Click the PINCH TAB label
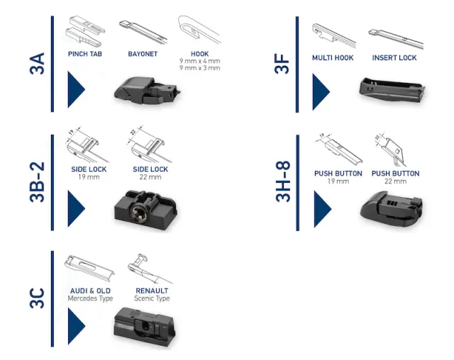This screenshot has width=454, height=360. (85, 54)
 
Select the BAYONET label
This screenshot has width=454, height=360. (143, 54)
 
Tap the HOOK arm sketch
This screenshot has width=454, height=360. (199, 29)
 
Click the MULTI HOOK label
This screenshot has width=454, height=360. (333, 58)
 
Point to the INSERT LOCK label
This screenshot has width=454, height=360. (394, 58)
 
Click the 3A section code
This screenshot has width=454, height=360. (38, 64)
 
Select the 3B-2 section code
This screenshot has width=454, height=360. (38, 182)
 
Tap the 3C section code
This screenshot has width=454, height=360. (38, 298)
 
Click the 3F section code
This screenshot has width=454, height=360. (282, 64)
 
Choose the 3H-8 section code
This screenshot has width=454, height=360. (282, 181)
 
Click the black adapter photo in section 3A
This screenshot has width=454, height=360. (147, 91)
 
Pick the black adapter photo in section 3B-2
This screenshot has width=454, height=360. (145, 210)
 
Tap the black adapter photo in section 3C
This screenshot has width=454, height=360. (145, 327)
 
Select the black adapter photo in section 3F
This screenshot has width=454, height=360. (392, 90)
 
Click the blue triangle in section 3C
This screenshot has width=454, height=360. (75, 326)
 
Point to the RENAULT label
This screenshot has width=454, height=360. (152, 291)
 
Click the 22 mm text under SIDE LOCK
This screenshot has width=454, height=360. (150, 177)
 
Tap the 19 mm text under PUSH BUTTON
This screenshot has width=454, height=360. (338, 181)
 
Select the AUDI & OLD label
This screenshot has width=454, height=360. (90, 291)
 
